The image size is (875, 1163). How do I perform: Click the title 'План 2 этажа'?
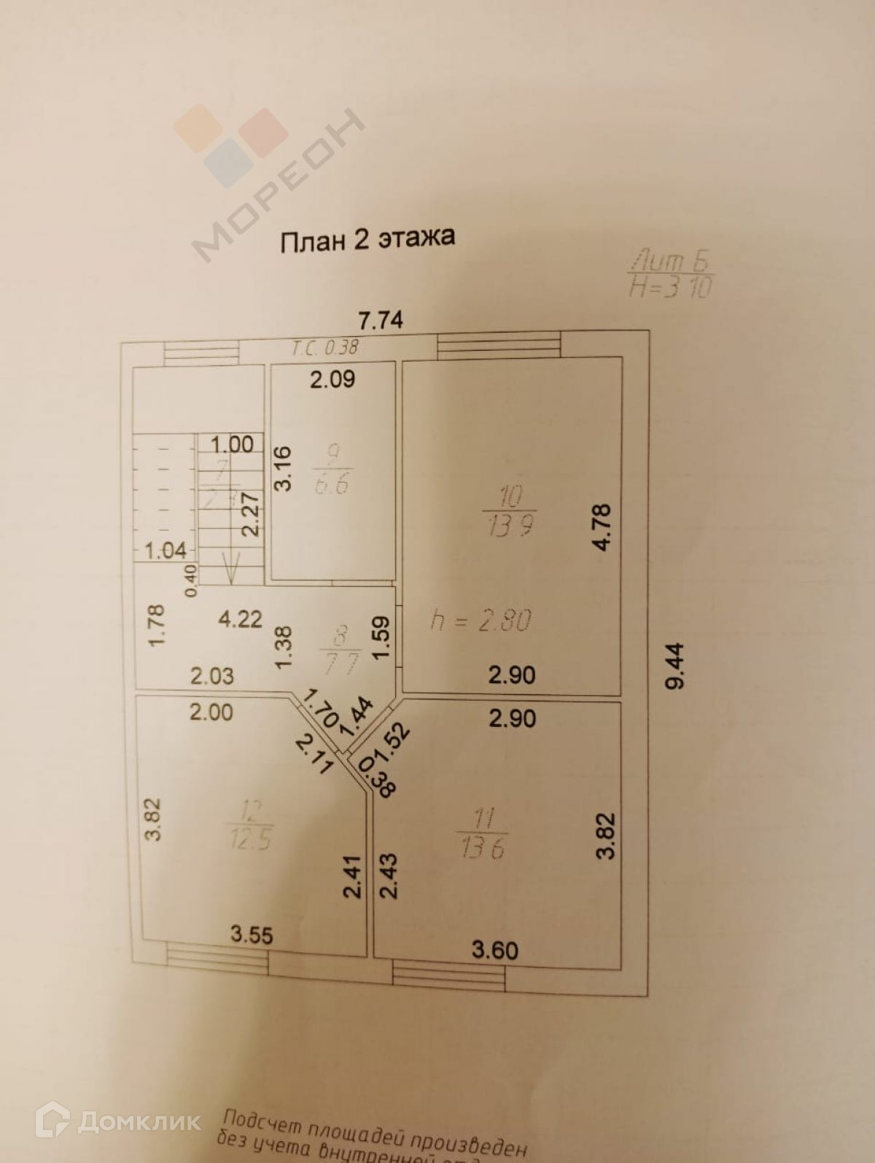point(367,239)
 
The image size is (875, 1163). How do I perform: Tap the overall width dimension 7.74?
point(380,321)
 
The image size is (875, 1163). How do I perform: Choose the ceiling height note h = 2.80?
point(481,620)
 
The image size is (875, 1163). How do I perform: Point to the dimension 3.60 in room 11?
point(495,950)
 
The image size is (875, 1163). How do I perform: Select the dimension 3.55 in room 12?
point(252,935)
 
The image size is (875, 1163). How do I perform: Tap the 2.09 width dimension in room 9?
point(332,380)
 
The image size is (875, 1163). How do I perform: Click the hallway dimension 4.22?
point(240,619)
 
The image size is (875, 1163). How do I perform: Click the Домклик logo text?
point(139,1121)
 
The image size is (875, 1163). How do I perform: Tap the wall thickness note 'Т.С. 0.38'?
point(325,348)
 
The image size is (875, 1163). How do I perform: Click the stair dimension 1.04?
point(166,550)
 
